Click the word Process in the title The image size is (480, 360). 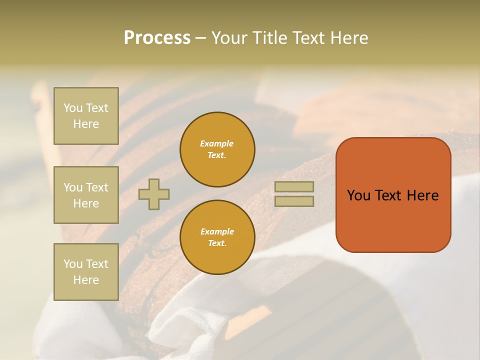click(x=157, y=38)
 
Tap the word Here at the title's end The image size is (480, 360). click(x=348, y=38)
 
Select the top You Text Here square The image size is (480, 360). click(x=86, y=116)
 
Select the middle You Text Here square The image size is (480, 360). click(x=86, y=195)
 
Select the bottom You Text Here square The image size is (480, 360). click(x=86, y=271)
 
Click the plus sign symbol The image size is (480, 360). click(x=154, y=194)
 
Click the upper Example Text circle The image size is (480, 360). click(x=217, y=149)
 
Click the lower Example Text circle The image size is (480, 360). click(x=217, y=237)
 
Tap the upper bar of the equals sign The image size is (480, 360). click(x=294, y=187)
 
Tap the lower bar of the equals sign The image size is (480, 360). click(x=294, y=201)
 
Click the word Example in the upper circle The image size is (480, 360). click(x=216, y=143)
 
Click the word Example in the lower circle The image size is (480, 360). click(x=217, y=231)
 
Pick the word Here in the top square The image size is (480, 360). click(x=86, y=124)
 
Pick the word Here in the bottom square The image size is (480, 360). click(x=86, y=280)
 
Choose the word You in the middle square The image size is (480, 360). click(x=72, y=187)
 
